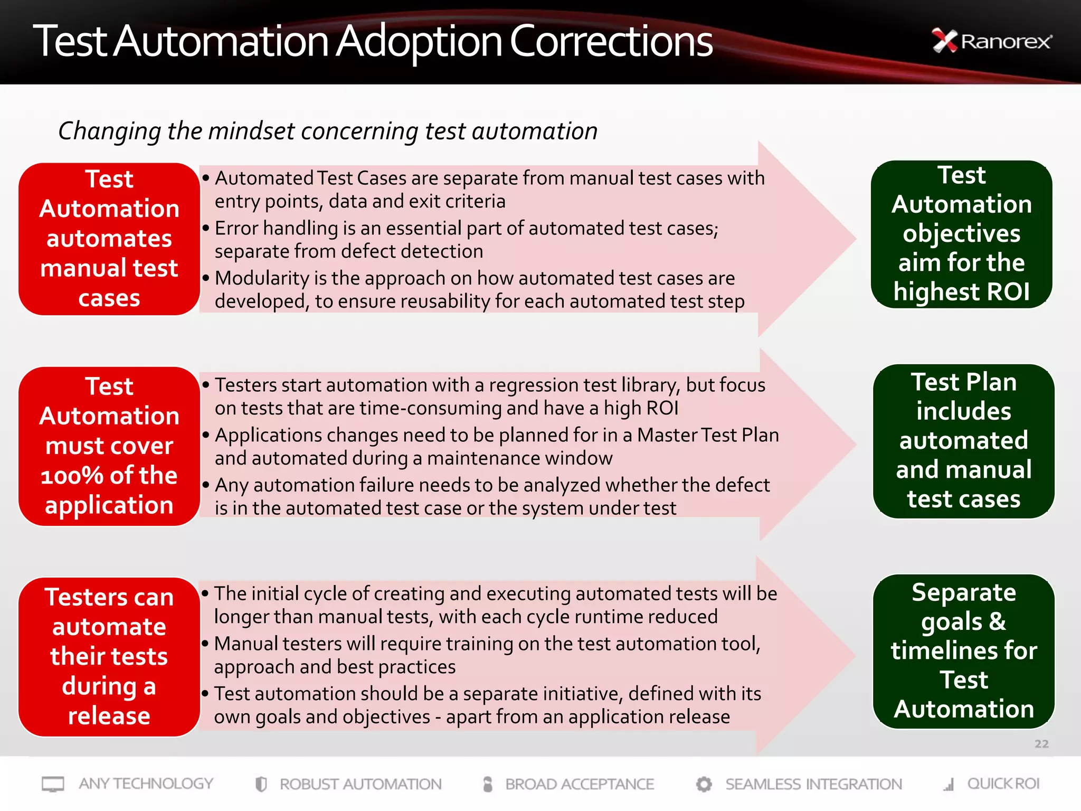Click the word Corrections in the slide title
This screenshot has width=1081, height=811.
click(x=611, y=42)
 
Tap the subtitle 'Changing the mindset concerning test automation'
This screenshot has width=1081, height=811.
click(x=327, y=131)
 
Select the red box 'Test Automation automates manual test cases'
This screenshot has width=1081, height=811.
click(x=109, y=239)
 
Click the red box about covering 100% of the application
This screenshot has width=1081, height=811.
click(x=109, y=446)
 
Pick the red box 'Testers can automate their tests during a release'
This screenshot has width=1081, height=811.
click(x=109, y=656)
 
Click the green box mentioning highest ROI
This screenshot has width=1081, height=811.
click(x=961, y=234)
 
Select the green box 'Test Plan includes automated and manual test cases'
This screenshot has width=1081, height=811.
click(x=963, y=441)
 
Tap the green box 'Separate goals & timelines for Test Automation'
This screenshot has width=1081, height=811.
click(x=963, y=651)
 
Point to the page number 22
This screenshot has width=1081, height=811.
click(x=1041, y=744)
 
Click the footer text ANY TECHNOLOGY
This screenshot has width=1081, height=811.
click(x=146, y=784)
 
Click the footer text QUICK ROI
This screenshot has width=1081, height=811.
click(x=1003, y=784)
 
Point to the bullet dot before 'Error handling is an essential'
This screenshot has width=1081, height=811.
click(x=206, y=229)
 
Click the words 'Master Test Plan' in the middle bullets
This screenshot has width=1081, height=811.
click(x=707, y=435)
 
